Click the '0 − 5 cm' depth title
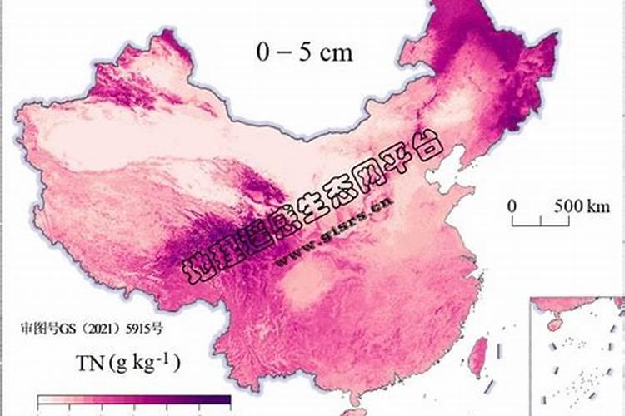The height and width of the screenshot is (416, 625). coord(304,52)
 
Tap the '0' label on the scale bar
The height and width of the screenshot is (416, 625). coord(512,206)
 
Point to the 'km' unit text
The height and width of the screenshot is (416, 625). coord(576,206)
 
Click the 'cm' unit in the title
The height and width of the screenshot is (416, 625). coord(336,53)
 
